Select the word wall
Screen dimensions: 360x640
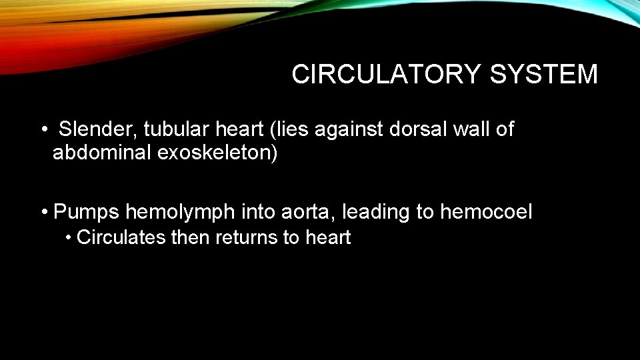(477, 129)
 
